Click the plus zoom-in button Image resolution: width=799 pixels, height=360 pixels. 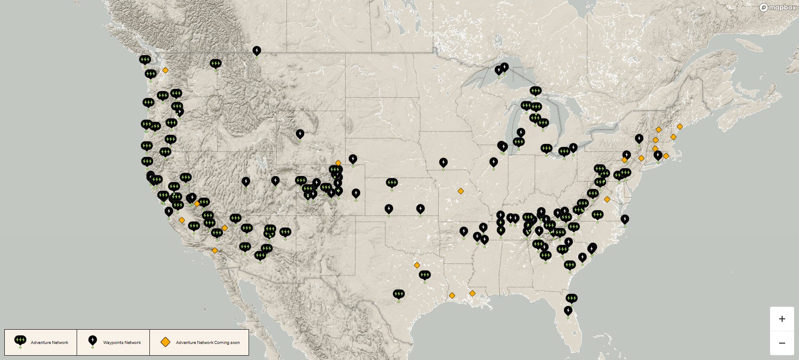(782, 319)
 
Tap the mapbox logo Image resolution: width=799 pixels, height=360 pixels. (777, 7)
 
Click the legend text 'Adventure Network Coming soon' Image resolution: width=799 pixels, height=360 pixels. (207, 343)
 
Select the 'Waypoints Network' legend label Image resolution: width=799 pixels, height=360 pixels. (122, 343)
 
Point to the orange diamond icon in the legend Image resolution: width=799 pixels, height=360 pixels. (165, 342)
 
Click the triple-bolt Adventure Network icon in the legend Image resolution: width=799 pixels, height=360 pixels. (20, 340)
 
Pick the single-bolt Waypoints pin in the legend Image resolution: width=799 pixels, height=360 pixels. (92, 340)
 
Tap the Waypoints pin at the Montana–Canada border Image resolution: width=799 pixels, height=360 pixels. (257, 51)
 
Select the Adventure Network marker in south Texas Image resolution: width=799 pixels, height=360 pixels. (398, 294)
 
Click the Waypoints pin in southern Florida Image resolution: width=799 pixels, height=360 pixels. (568, 311)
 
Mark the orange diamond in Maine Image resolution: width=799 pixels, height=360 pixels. (679, 126)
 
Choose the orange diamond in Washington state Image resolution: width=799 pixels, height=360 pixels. (165, 70)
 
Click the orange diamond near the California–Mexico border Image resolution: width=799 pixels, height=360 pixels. (214, 250)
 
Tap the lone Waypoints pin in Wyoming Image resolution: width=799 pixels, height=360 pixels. (300, 134)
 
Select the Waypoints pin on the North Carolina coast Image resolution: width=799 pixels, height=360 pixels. (624, 219)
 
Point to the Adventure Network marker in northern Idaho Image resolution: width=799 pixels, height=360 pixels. (215, 64)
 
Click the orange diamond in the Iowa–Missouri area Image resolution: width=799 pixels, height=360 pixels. (460, 191)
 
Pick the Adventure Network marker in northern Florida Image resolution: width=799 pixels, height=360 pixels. (571, 298)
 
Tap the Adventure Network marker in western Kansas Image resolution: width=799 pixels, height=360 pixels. (391, 183)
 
